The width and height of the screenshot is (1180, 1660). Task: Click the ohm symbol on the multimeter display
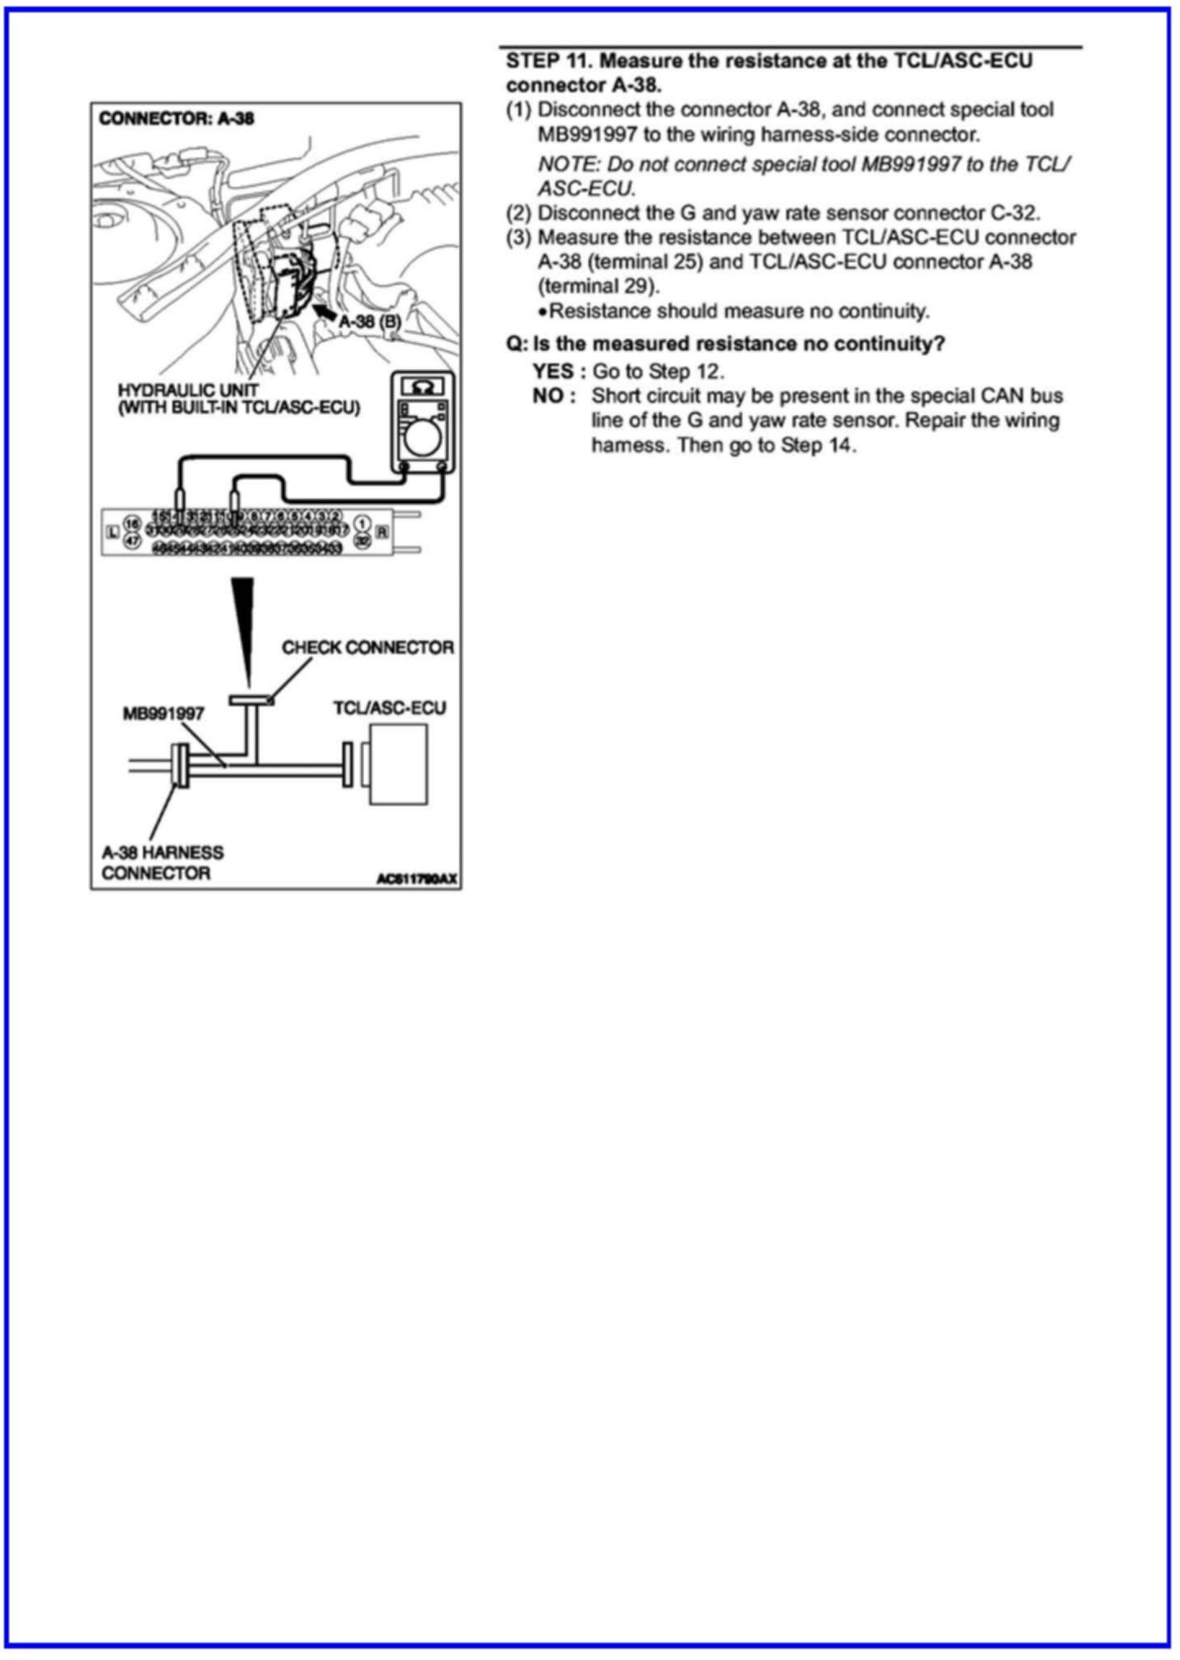[x=423, y=386]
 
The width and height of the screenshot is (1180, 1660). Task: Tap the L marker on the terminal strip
[x=114, y=532]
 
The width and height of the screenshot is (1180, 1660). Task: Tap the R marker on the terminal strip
[x=382, y=532]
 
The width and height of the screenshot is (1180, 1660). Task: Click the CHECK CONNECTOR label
[x=367, y=648]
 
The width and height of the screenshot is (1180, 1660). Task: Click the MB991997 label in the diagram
[x=163, y=714]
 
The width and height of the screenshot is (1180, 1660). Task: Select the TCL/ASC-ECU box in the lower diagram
[x=399, y=764]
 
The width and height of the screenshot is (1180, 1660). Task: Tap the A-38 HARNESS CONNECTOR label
[x=162, y=863]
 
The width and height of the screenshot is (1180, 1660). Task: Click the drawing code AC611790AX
[x=416, y=879]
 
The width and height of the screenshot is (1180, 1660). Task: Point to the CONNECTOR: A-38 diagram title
[x=176, y=118]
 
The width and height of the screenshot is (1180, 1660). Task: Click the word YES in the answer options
[x=554, y=372]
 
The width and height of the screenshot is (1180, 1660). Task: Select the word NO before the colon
[x=548, y=396]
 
